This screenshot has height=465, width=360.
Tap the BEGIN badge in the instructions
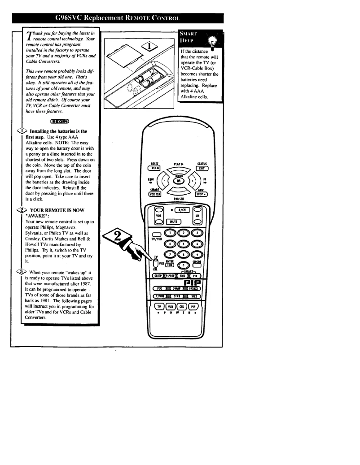(x=59, y=121)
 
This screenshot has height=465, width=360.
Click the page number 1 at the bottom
(x=115, y=351)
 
